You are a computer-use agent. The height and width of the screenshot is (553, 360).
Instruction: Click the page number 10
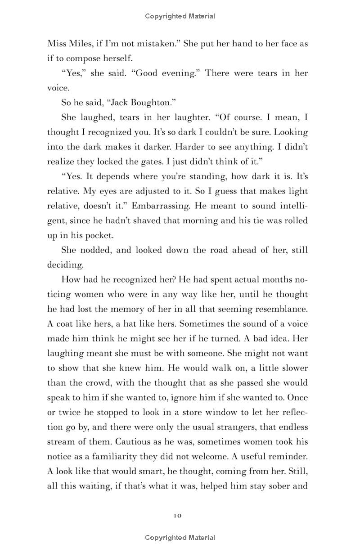(x=177, y=516)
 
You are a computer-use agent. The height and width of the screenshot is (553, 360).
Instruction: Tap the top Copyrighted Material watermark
(x=180, y=16)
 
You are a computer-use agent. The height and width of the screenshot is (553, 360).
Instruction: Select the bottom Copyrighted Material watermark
(x=180, y=538)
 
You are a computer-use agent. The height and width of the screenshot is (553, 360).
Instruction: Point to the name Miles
(x=80, y=44)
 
